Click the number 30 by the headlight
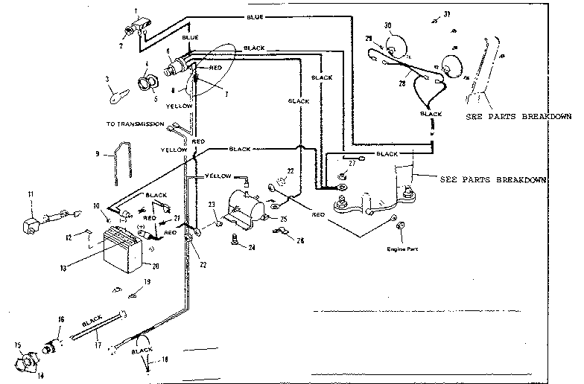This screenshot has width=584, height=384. (x=387, y=27)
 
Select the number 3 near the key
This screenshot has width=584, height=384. (x=108, y=79)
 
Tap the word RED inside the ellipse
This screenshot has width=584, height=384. (x=215, y=68)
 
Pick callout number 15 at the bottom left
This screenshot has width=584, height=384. (x=16, y=345)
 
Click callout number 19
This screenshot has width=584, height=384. (x=147, y=282)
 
